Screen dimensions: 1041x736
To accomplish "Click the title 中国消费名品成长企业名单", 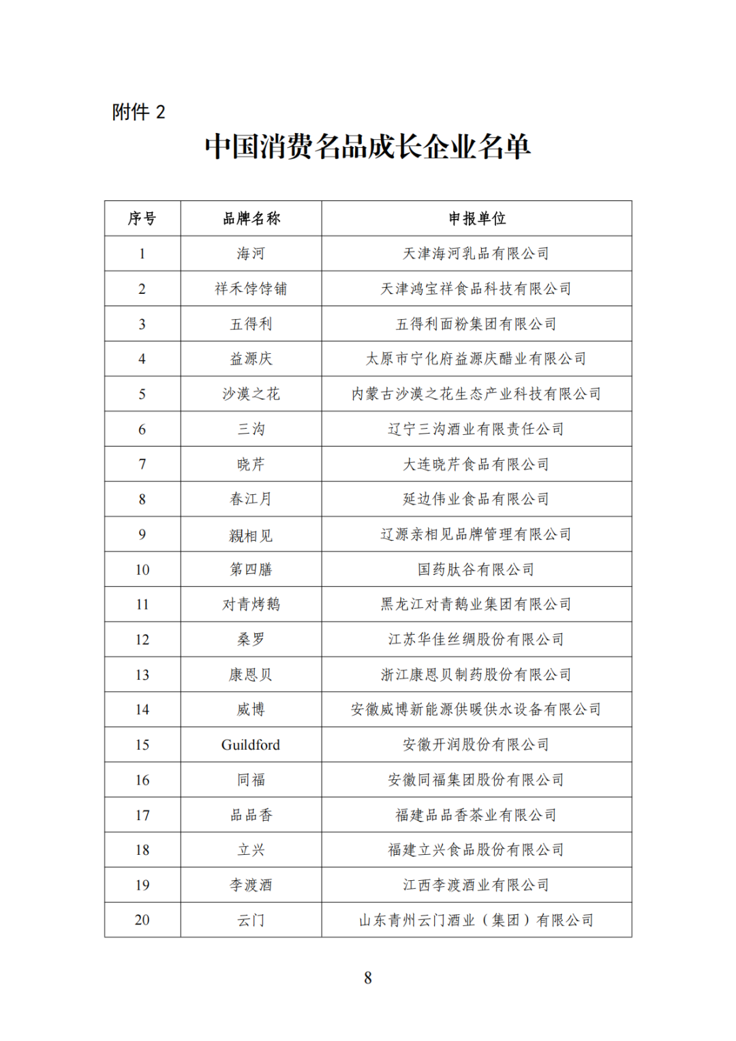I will (367, 147).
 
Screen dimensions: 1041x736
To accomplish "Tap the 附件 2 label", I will (138, 112).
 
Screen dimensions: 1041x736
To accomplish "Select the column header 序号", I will (142, 219).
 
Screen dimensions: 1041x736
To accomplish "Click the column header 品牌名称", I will (251, 219).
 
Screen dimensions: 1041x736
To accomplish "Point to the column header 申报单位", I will (476, 219).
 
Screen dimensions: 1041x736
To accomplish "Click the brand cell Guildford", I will (251, 744).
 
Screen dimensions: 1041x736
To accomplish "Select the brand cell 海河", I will (251, 254).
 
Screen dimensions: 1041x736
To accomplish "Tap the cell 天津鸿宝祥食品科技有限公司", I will (476, 289).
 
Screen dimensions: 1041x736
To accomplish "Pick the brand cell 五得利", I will (251, 324).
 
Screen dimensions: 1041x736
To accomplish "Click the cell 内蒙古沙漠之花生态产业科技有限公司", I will (476, 394).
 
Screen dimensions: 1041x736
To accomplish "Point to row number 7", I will (142, 464).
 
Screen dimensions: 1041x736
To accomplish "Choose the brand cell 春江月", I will (251, 499).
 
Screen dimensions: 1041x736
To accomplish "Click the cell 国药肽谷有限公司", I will (476, 569).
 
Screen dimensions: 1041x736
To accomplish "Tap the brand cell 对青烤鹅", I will (251, 604).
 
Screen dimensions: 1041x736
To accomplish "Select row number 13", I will (142, 675).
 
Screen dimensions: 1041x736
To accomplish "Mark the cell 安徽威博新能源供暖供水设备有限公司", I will (476, 710).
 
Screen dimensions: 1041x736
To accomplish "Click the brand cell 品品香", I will (251, 815).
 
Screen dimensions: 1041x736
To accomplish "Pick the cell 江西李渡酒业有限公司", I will (476, 885).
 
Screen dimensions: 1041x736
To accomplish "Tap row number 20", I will (142, 920).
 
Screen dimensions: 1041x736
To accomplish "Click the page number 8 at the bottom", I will (368, 978).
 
